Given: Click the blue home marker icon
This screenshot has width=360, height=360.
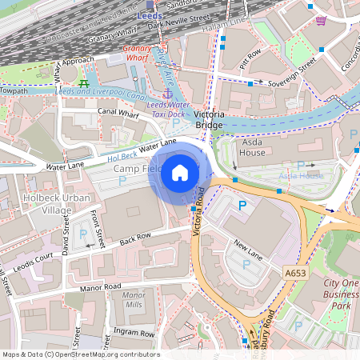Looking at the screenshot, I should click(x=180, y=172).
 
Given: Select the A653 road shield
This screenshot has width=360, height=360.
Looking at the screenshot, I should click(x=296, y=273).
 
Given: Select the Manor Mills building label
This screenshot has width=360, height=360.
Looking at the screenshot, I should click(x=134, y=300).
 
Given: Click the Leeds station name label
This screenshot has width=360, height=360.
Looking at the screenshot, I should click(x=150, y=15).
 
